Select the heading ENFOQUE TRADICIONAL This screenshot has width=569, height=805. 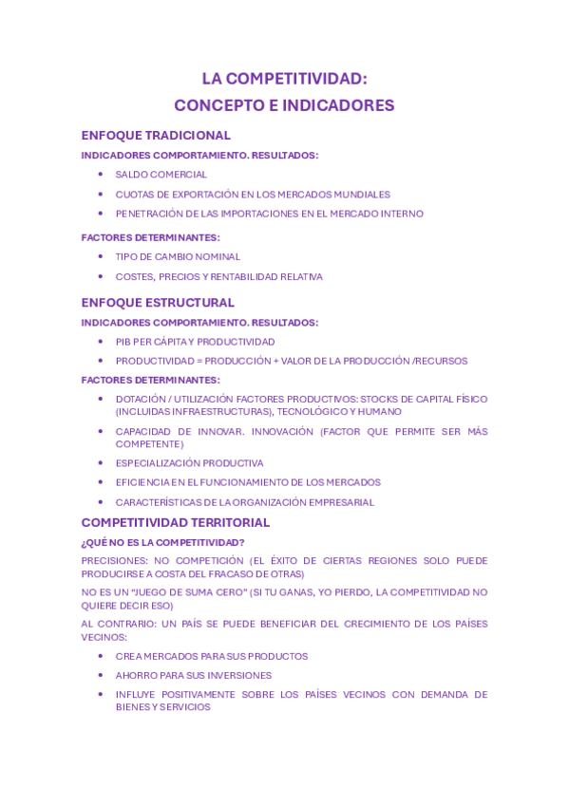(x=156, y=136)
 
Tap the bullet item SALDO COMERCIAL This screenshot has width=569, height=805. (x=161, y=175)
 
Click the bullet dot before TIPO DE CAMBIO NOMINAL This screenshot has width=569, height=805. (x=101, y=256)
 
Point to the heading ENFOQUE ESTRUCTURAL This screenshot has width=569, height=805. (x=158, y=303)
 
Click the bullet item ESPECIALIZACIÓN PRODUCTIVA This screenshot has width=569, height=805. (x=189, y=463)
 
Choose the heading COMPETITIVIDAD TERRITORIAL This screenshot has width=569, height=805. (x=176, y=523)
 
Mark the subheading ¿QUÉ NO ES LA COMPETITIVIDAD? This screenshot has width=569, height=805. (x=162, y=543)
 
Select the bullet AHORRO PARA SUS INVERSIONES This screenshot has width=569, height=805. (x=194, y=676)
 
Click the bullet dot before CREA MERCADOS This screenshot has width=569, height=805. (x=101, y=656)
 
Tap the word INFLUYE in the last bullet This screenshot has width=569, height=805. (x=136, y=695)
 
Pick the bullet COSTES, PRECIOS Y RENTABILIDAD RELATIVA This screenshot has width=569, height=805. (x=218, y=277)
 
